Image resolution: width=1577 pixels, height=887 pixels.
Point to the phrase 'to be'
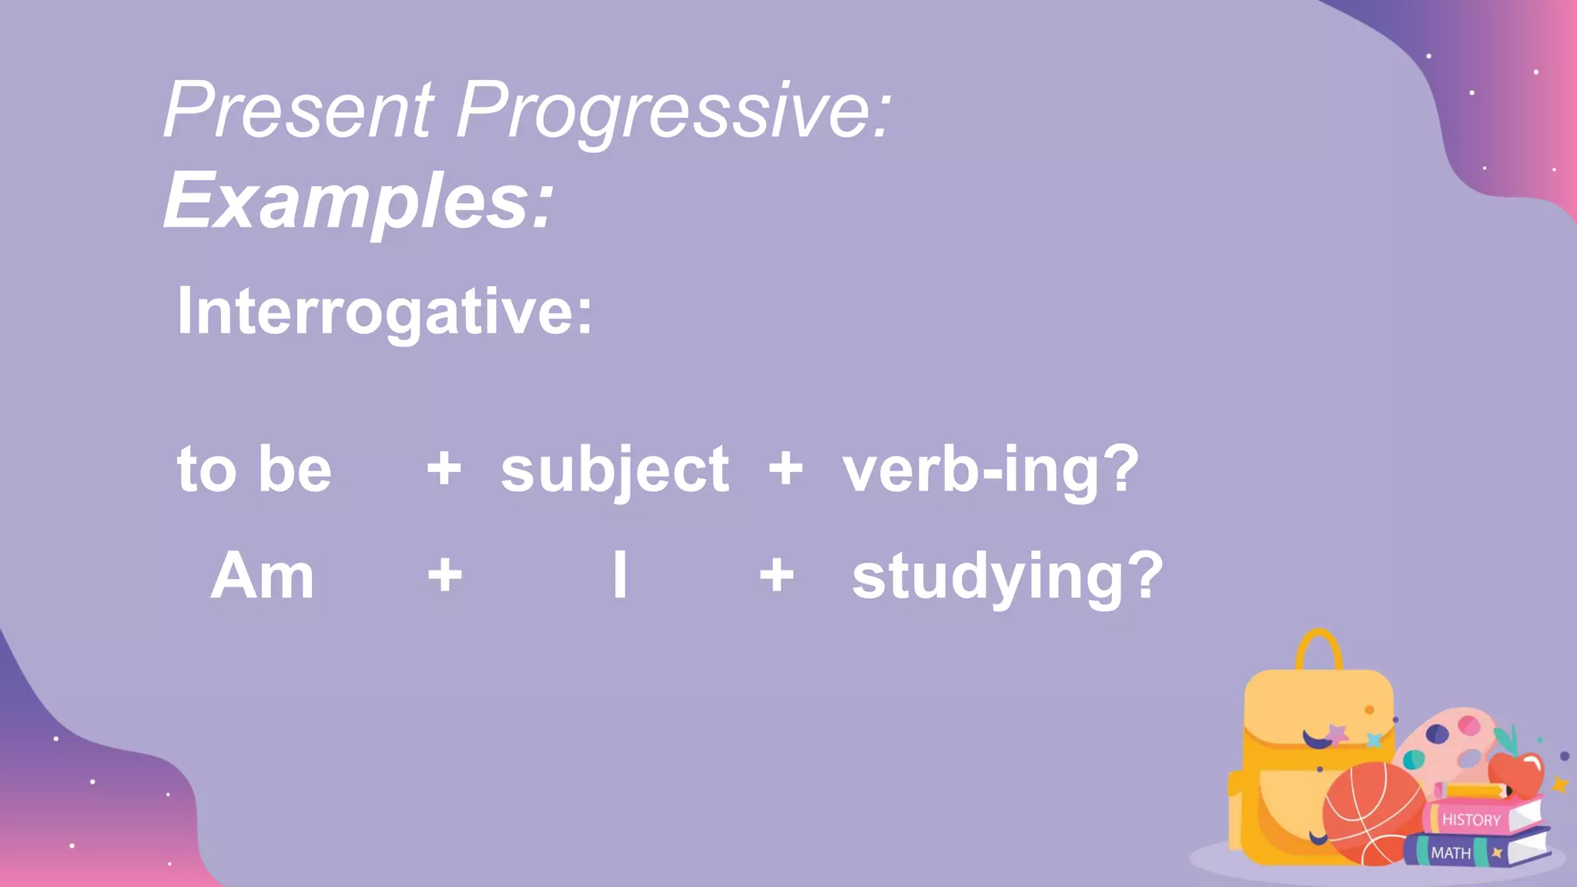(x=254, y=469)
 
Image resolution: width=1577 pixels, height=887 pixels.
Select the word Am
(x=263, y=576)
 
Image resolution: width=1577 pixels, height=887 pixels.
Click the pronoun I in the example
(x=620, y=575)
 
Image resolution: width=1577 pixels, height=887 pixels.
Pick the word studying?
(x=1007, y=577)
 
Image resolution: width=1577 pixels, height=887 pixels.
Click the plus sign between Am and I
(x=445, y=575)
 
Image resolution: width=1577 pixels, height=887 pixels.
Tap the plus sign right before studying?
(x=776, y=575)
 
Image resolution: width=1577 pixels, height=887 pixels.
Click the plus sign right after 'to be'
(x=444, y=468)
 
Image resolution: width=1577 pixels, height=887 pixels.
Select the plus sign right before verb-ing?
(x=785, y=468)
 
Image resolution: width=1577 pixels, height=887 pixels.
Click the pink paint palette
(x=1448, y=743)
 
